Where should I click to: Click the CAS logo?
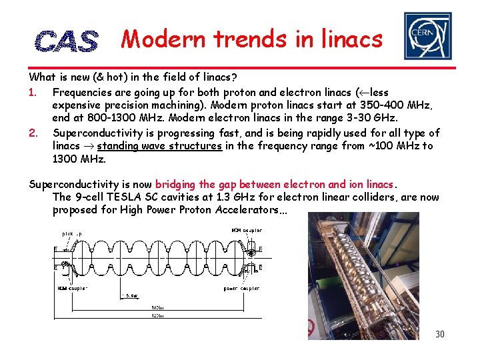(x=66, y=41)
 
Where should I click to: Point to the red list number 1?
(x=33, y=93)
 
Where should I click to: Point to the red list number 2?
(x=33, y=133)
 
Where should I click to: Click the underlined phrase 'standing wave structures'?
(x=159, y=146)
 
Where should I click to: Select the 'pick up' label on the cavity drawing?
(x=73, y=233)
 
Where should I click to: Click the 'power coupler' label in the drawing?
(x=241, y=289)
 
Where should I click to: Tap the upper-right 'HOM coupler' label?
(x=247, y=231)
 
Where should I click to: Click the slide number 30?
(x=439, y=334)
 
